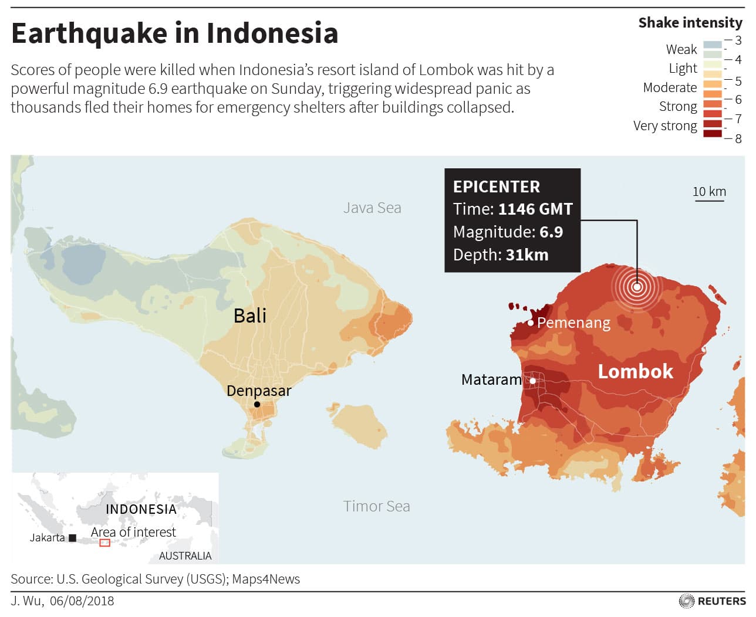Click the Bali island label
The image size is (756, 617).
pos(250,316)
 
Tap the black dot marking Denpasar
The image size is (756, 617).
pos(257,404)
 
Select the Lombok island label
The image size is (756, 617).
pos(635,371)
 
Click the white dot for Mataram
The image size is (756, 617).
pos(533,381)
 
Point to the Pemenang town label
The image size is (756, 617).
pos(573,323)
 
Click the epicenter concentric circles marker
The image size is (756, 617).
pos(637,287)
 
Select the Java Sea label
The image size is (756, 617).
pos(372,208)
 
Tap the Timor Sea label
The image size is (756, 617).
pos(376,506)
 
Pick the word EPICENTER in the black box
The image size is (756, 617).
pos(497,187)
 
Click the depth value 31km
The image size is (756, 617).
pos(527,255)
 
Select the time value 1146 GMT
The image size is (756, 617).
pos(535,209)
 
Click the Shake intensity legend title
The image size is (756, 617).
pos(690,23)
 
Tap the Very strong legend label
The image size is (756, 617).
pos(665,126)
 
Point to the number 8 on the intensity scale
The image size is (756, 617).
pos(738,138)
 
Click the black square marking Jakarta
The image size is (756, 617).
pos(73,538)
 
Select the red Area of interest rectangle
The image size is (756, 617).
pos(104,543)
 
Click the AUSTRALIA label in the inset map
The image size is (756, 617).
pos(185,555)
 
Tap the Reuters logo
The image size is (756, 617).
pos(713,601)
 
